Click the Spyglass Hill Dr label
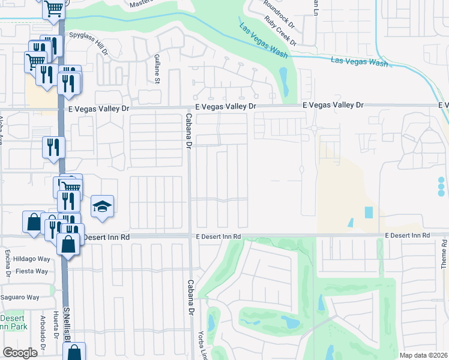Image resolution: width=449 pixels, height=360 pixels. click(x=88, y=41)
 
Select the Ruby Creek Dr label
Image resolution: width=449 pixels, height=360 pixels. click(x=282, y=34)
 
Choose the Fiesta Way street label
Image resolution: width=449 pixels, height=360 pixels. click(x=32, y=271)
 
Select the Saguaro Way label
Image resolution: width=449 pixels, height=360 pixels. click(x=22, y=297)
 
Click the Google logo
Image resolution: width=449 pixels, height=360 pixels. click(x=20, y=353)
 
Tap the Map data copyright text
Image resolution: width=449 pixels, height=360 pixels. click(x=423, y=355)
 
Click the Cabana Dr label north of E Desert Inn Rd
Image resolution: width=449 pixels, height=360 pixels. click(x=188, y=131)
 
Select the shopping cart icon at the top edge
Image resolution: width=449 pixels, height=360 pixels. click(x=53, y=9)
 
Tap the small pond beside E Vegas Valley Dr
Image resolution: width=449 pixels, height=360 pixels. click(x=283, y=77)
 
